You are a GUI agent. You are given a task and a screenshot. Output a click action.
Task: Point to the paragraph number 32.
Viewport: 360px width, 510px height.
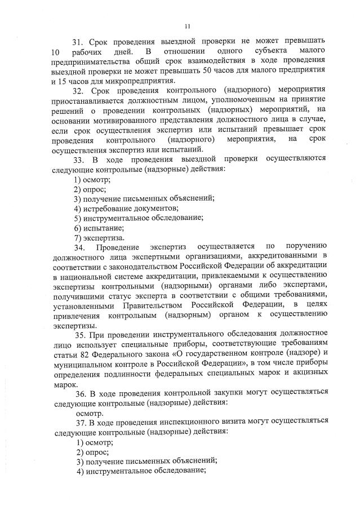click(x=78, y=89)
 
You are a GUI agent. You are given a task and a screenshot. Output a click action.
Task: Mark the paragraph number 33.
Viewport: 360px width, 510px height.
click(x=78, y=158)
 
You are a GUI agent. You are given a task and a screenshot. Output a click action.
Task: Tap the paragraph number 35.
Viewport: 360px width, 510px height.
click(x=78, y=335)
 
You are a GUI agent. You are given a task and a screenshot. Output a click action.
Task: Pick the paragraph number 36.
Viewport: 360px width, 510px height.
click(x=78, y=393)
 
